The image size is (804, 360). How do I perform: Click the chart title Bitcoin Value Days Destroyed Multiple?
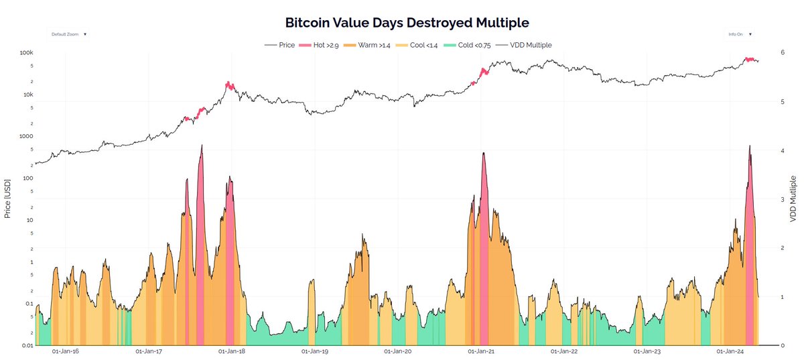pyautogui.click(x=407, y=23)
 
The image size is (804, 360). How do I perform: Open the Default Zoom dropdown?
pyautogui.click(x=68, y=34)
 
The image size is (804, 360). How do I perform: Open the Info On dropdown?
pyautogui.click(x=740, y=34)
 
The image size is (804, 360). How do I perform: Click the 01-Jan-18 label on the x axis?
pyautogui.click(x=230, y=351)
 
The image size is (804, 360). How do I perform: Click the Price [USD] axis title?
pyautogui.click(x=8, y=198)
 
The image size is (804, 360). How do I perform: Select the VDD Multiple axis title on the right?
pyautogui.click(x=793, y=199)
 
